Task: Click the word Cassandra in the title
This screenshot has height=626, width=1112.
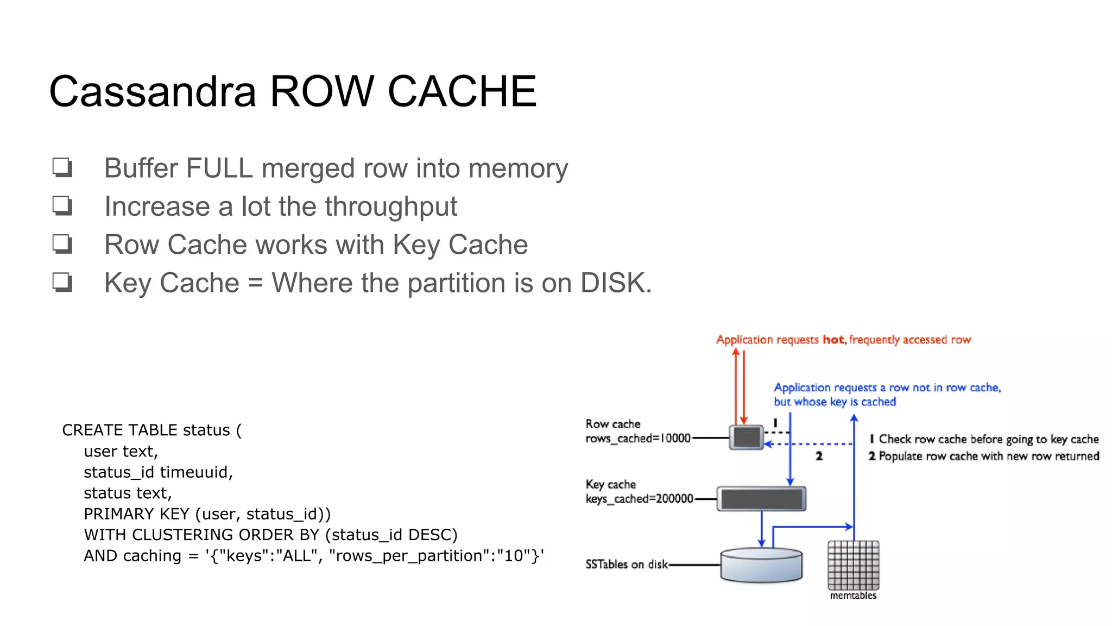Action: tap(153, 91)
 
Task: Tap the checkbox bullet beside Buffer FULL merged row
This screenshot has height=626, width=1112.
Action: tap(62, 167)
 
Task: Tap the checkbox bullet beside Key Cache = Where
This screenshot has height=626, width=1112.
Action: tap(62, 283)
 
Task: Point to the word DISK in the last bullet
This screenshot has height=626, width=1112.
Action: tap(612, 283)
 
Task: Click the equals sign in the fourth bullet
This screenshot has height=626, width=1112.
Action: tap(255, 284)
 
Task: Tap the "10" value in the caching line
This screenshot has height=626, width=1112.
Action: tap(513, 556)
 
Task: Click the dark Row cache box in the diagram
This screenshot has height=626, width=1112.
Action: tap(747, 437)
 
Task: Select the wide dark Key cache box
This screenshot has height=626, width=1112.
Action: tap(761, 499)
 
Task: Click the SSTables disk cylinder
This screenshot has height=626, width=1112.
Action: tap(761, 565)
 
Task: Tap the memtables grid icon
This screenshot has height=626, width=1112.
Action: tap(853, 565)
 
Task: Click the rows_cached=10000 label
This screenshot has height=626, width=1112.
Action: tap(637, 439)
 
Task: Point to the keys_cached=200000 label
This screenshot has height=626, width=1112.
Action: tap(639, 499)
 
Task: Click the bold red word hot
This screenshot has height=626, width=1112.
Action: tap(833, 340)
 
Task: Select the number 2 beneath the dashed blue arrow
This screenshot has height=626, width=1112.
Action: tap(819, 456)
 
